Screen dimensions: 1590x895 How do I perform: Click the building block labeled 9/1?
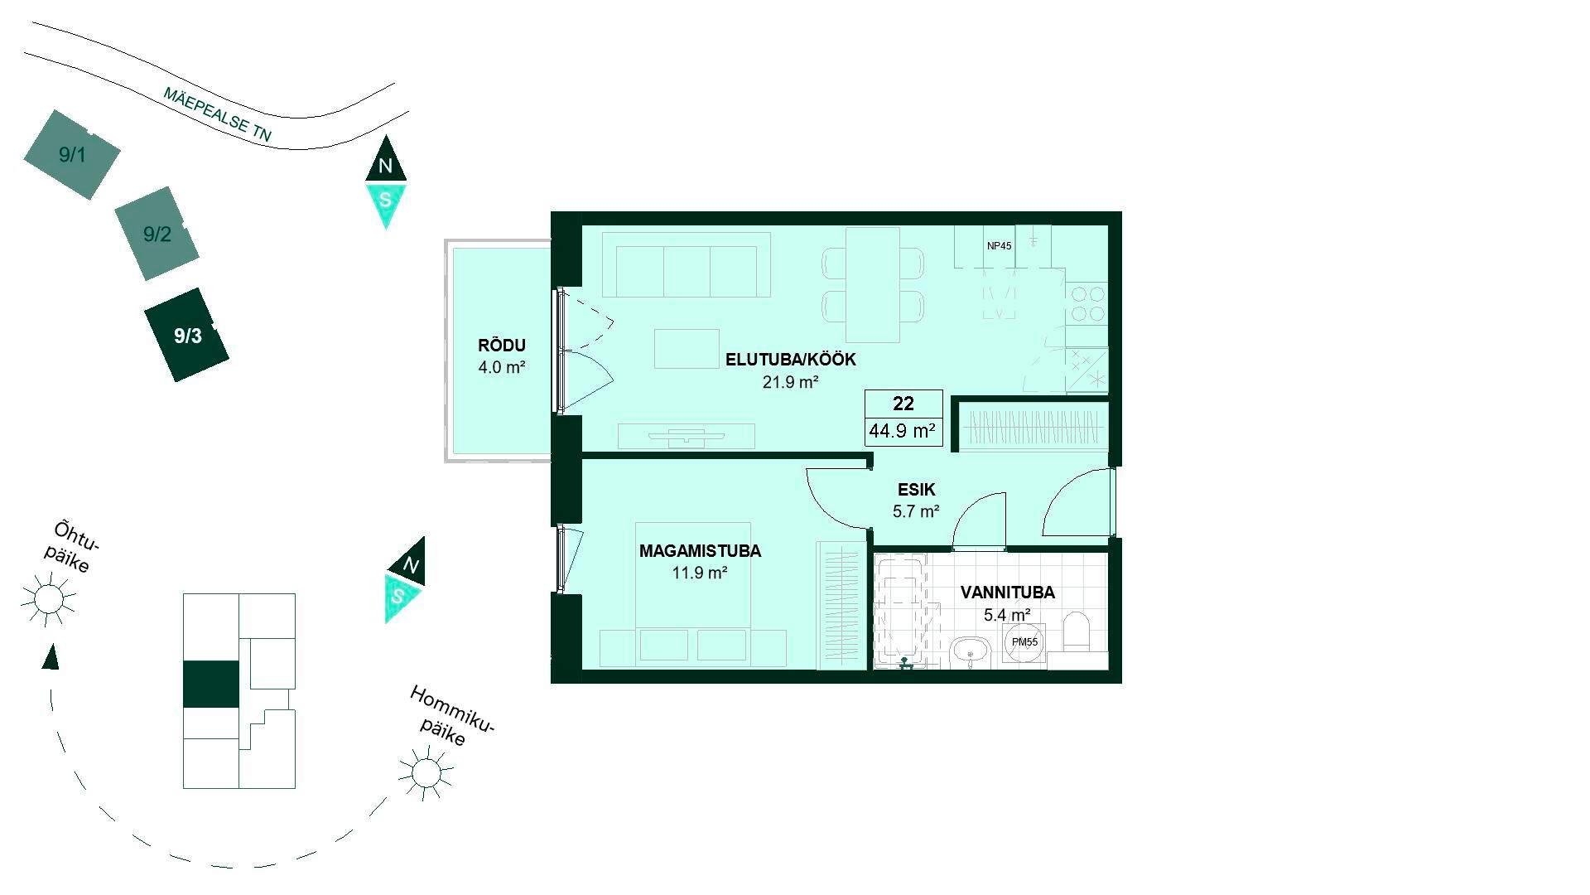coord(72,154)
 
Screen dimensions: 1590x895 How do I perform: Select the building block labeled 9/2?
coord(157,233)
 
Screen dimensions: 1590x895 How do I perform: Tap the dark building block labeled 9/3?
coord(187,335)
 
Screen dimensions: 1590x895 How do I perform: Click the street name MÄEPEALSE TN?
coord(217,114)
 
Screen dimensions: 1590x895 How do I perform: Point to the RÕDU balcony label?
coord(502,346)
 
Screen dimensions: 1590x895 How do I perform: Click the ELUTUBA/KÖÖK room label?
coord(791,360)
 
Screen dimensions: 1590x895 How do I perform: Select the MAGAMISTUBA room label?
coord(700,551)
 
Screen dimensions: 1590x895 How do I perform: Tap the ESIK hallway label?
coord(915,490)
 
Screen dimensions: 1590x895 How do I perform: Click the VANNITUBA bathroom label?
coord(1007,593)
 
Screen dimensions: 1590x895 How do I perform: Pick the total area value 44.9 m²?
coord(903,431)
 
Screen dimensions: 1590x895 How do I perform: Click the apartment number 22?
coord(903,404)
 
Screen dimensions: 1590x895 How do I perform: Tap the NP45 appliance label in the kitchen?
coord(999,246)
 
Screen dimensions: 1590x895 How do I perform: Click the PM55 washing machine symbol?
coord(1024,642)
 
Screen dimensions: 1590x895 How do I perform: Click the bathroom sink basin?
coord(971,652)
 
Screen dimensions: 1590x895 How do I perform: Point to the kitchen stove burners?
coord(1086,303)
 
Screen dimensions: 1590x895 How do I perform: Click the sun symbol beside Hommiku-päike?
coord(426,772)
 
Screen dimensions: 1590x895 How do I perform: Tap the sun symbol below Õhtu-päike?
coord(48,598)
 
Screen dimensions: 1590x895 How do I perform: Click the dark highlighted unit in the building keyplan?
coord(210,685)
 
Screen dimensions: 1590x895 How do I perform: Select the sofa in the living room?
coord(687,264)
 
